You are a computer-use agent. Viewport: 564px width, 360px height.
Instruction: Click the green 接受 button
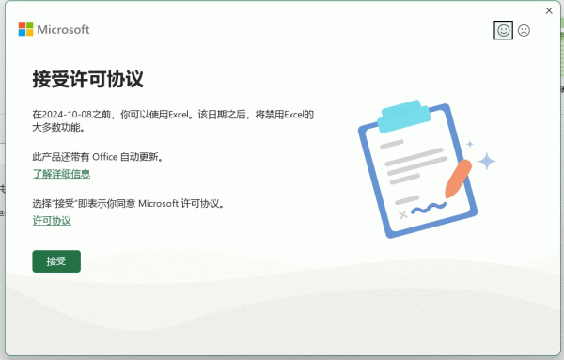coord(56,261)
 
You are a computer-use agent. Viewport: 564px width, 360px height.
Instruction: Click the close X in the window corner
coord(549,10)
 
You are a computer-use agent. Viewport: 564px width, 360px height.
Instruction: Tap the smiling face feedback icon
coord(503,30)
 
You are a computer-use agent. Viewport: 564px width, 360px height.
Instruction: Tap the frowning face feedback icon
coord(524,30)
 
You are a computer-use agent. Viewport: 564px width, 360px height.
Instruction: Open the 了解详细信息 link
coord(62,174)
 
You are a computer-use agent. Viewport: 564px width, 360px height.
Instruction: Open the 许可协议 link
coord(52,220)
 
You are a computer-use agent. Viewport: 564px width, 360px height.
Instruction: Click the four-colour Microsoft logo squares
coord(25,29)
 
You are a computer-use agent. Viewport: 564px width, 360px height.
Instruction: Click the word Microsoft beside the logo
coord(63,29)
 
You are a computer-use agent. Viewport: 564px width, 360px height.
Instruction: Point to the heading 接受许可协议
coord(88,78)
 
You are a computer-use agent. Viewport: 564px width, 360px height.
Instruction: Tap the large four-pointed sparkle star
coord(486,162)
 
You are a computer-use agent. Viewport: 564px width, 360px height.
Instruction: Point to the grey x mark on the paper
coord(404,215)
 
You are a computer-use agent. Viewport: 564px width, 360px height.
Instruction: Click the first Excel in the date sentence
coord(180,114)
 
